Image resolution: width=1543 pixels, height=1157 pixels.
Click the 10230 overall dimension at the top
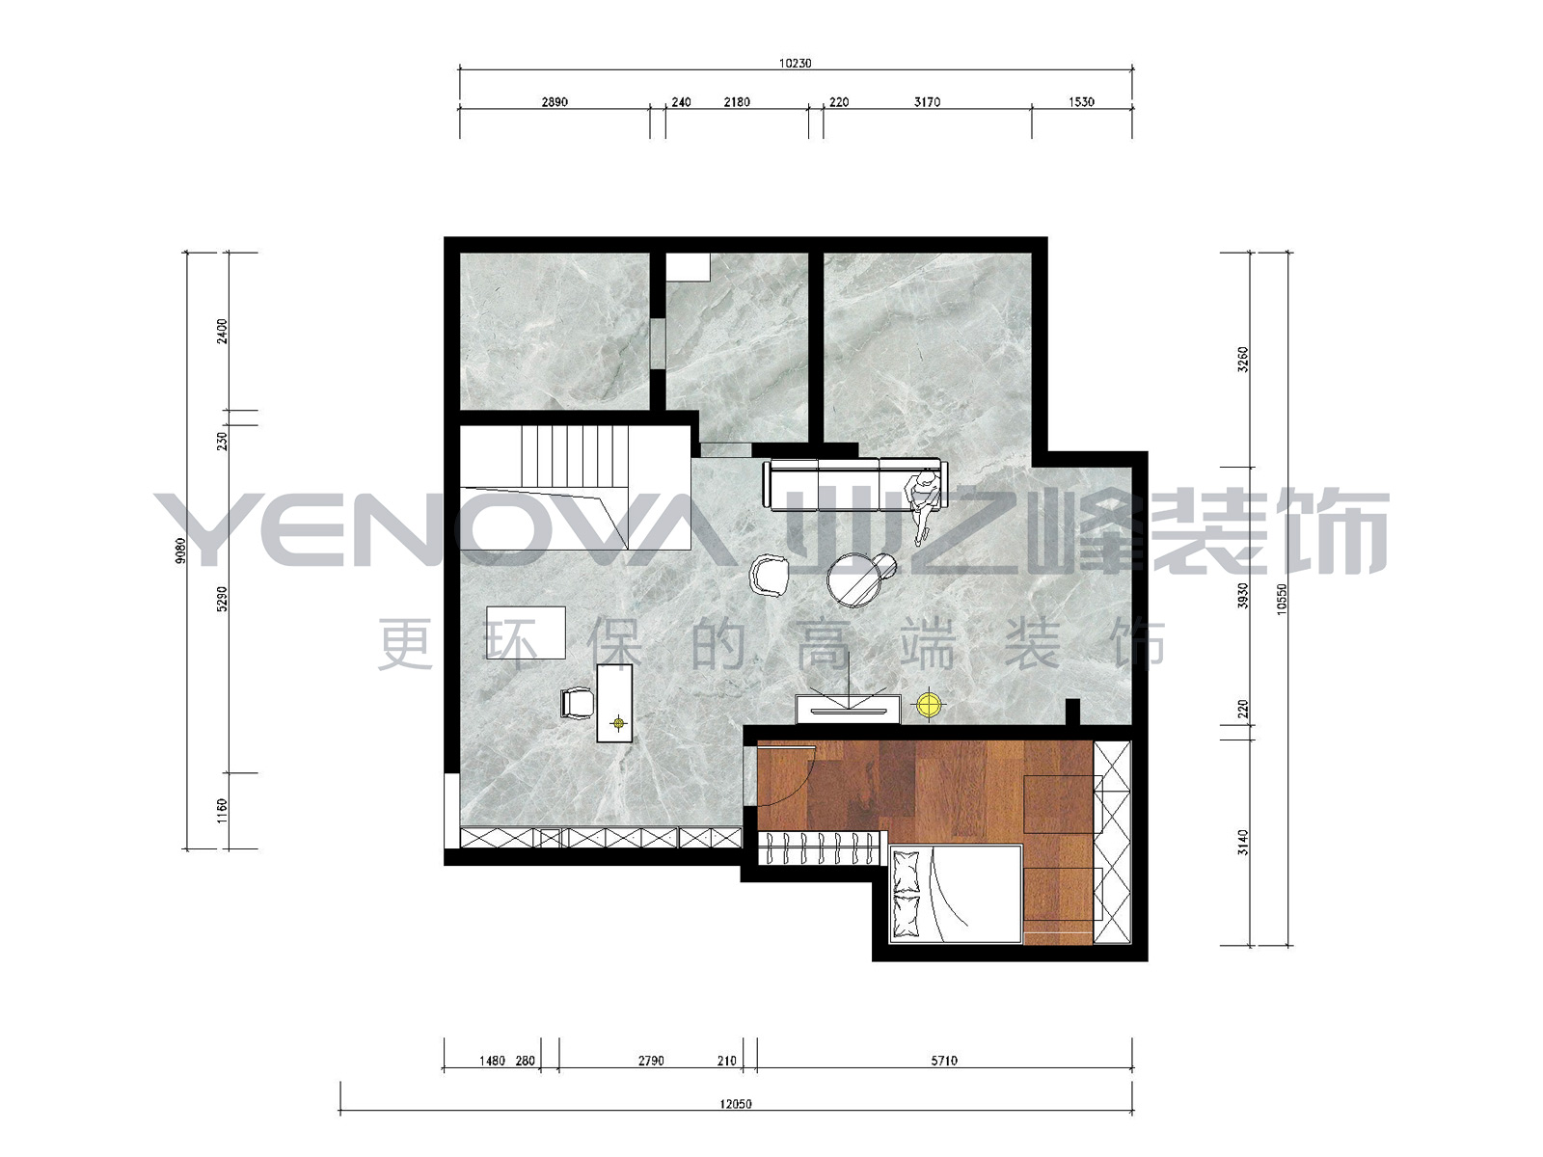coord(795,64)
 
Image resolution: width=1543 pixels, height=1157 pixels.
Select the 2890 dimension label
coord(554,102)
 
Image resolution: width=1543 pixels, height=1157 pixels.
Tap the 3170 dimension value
coord(927,102)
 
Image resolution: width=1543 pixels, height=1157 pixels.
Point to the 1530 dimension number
coord(1081,102)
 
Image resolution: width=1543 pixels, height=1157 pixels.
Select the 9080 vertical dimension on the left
coord(181,550)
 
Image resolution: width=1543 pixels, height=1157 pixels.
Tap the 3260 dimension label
coord(1242,360)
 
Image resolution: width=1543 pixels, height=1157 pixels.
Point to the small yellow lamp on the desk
coord(618,722)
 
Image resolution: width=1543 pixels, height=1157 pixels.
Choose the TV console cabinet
coord(848,709)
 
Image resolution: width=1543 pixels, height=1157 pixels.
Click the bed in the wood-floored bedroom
coord(956,894)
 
